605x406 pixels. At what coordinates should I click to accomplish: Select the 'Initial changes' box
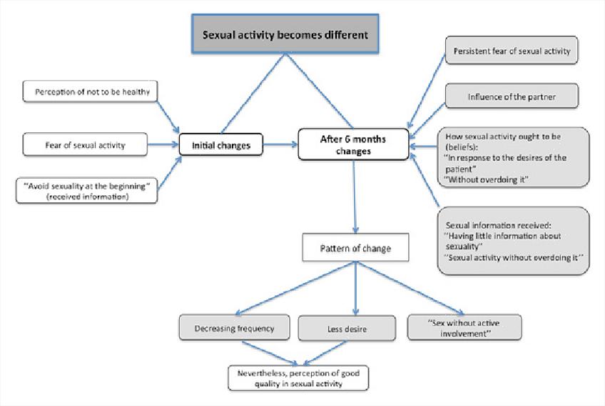coord(220,146)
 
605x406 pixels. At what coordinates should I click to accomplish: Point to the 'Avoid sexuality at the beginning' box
coord(86,190)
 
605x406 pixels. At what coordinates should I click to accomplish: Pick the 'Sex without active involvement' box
coord(464,327)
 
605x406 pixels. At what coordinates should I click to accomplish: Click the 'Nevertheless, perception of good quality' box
coord(298,377)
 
